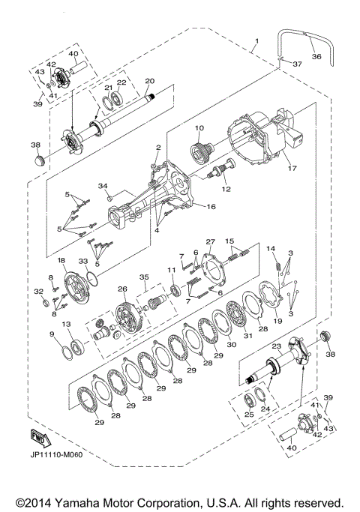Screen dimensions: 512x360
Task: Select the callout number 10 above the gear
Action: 200,129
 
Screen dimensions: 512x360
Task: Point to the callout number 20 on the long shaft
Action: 149,80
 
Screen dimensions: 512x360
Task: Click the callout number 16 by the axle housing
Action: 211,205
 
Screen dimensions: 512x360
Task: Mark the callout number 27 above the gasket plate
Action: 211,242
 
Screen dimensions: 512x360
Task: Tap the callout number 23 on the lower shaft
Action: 277,346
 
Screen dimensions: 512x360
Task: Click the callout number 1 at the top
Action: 256,39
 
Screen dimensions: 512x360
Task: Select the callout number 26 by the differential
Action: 122,289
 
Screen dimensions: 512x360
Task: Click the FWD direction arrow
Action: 40,437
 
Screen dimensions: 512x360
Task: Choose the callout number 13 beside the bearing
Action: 66,324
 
